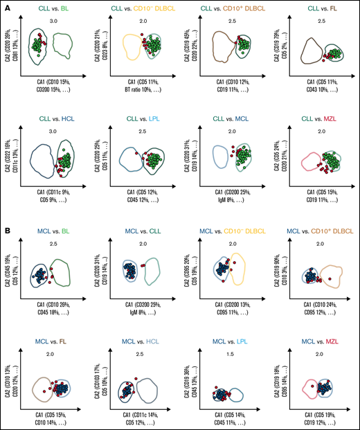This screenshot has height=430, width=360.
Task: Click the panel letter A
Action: click(7, 8)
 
